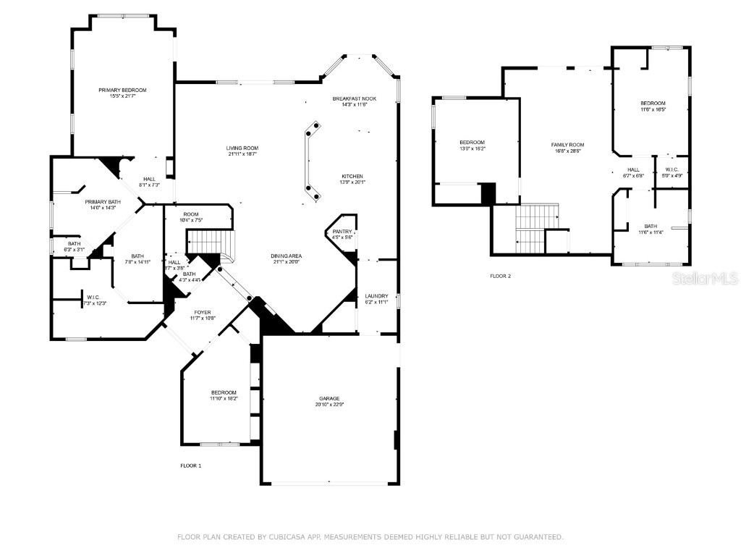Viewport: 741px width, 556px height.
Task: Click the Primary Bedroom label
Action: click(122, 90)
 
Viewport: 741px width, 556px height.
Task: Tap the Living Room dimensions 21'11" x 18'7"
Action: click(242, 154)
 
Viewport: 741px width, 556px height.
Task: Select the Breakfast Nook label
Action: click(355, 98)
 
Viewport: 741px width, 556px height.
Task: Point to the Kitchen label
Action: click(352, 176)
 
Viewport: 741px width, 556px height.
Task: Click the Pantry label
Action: click(342, 231)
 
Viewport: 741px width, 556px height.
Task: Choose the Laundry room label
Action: click(376, 295)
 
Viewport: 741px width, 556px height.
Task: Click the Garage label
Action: click(329, 398)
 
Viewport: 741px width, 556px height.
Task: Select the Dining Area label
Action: click(287, 256)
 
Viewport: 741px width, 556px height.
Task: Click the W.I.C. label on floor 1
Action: click(93, 297)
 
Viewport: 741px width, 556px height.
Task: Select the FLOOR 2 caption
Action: click(500, 276)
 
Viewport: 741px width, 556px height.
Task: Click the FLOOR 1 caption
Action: click(190, 466)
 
